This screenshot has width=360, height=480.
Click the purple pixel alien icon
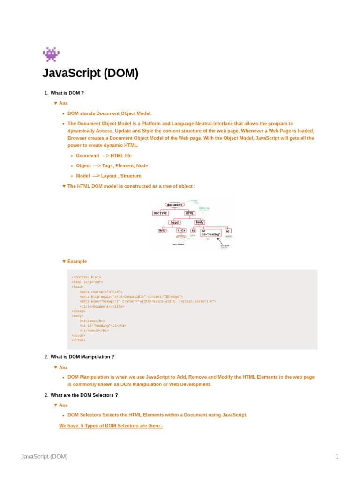pos(51,54)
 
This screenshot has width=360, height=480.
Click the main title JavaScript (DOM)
pos(90,74)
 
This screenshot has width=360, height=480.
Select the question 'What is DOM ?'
pos(67,93)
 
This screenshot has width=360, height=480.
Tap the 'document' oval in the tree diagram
pos(175,205)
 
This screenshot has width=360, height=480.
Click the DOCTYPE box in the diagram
pos(160,213)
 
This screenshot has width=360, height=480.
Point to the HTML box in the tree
pos(189,213)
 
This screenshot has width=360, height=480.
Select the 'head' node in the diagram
pos(174,222)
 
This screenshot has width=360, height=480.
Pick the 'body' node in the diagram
pos(200,222)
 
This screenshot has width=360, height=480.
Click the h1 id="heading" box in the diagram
pos(211,232)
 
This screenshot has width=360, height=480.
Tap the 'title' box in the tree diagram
pos(181,230)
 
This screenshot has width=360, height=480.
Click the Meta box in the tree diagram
pos(162,230)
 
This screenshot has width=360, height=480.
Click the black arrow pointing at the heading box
pos(220,241)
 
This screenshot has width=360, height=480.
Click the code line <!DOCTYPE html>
pos(86,277)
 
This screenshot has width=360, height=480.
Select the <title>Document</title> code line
pos(102,306)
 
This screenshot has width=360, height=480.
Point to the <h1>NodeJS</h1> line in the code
pos(94,330)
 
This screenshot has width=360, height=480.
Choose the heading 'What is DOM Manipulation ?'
pos(82,357)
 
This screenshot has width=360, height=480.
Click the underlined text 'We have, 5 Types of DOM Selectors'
pos(111,426)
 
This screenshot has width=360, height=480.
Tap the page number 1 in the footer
pos(337,457)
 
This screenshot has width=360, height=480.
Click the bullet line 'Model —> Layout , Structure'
pos(108,176)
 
